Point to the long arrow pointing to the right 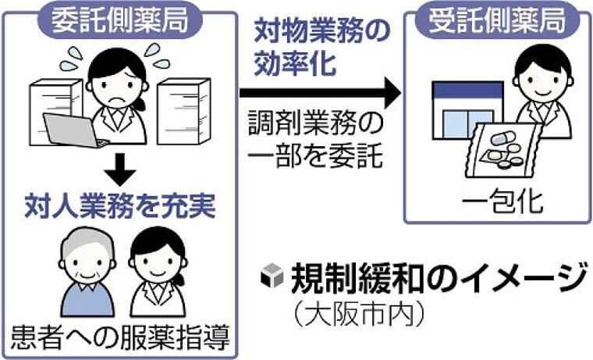[320, 93]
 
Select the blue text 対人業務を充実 [120, 206]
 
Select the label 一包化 [502, 201]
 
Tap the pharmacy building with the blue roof [467, 111]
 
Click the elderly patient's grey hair [87, 241]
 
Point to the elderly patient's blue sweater [87, 300]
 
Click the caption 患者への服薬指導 [120, 337]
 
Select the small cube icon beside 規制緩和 [272, 275]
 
